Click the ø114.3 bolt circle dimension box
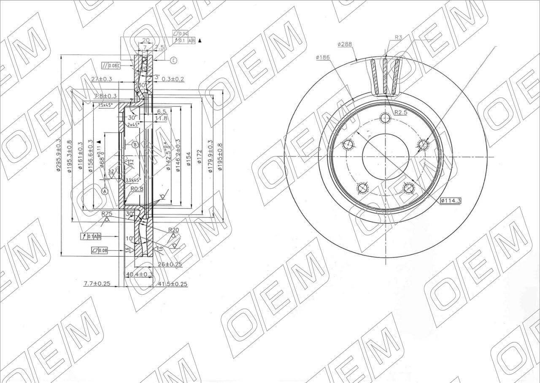click(x=451, y=201)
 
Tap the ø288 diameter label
click(x=345, y=44)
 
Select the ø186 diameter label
click(x=322, y=57)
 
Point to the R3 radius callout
click(x=398, y=38)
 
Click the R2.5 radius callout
click(x=401, y=113)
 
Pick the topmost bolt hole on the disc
click(x=385, y=118)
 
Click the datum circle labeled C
click(x=173, y=61)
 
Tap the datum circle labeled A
click(x=105, y=191)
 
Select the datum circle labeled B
click(x=135, y=144)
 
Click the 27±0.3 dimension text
click(x=102, y=79)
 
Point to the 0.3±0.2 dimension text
click(x=173, y=79)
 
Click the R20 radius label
click(x=173, y=230)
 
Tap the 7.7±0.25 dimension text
click(x=97, y=283)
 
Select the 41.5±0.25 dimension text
click(x=172, y=284)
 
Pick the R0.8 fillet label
click(x=137, y=189)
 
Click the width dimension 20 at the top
click(x=146, y=41)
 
